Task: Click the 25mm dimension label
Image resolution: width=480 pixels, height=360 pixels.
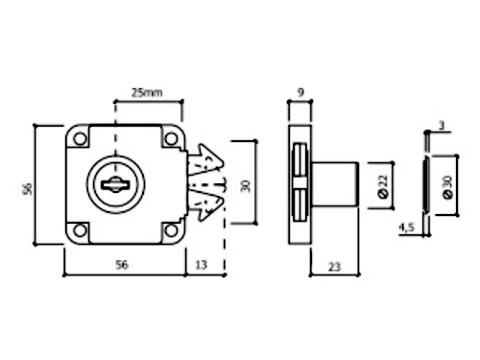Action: click(x=147, y=93)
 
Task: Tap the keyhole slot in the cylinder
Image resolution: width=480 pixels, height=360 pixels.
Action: click(x=115, y=185)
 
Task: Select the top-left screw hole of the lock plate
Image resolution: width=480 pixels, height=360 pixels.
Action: click(x=80, y=139)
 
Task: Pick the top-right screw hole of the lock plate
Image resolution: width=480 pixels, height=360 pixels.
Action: click(x=171, y=139)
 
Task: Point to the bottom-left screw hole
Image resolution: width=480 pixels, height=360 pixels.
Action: click(x=80, y=230)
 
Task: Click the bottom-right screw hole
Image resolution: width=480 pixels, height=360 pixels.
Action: click(x=171, y=230)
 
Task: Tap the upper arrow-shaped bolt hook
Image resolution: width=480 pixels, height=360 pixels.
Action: click(x=205, y=159)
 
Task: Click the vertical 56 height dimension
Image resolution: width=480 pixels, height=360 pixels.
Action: click(x=28, y=189)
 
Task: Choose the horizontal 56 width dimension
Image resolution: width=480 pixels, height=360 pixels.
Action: click(x=122, y=265)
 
